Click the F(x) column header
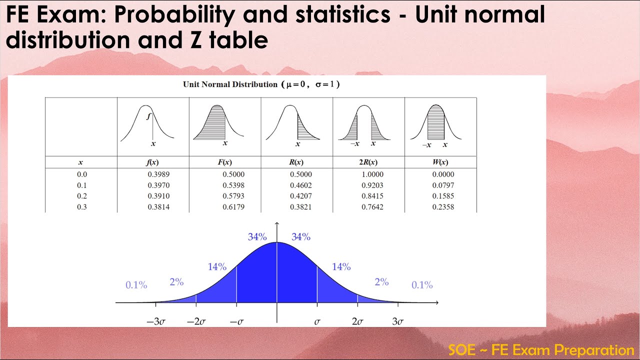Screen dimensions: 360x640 (x=225, y=162)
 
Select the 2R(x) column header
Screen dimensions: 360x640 (x=368, y=162)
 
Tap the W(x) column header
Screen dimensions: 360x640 (x=440, y=162)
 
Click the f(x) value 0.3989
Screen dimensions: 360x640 (x=158, y=174)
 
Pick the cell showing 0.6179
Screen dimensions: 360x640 (x=233, y=207)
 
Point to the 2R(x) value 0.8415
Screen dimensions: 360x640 (x=372, y=196)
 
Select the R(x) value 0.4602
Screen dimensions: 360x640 (x=300, y=185)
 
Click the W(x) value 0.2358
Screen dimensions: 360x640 (x=443, y=207)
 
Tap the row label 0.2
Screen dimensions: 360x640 (x=81, y=196)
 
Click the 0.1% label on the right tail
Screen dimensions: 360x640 (x=422, y=285)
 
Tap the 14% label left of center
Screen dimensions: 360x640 (x=217, y=267)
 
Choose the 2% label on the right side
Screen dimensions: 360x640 (x=381, y=282)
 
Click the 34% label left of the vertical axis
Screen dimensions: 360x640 (x=257, y=237)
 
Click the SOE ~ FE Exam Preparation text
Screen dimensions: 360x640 (x=541, y=349)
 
